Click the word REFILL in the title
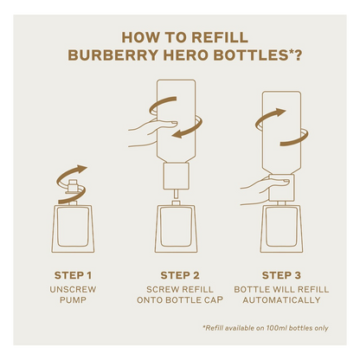pos(220,38)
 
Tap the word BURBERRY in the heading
pos(113,55)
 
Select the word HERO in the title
pos(186,55)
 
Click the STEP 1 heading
pos(73,275)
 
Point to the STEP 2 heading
pos(180,275)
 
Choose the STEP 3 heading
pos(281,275)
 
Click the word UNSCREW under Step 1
pos(73,289)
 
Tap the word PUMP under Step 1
pos(73,300)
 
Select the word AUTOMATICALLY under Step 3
pos(281,300)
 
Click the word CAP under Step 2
pos(214,300)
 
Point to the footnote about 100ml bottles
pos(266,328)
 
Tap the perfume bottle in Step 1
pos(73,227)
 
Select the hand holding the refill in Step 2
pos(152,133)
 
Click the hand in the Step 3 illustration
pos(265,191)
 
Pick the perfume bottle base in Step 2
pos(177,228)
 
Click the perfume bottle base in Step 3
pos(282,228)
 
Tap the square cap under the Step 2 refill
pos(177,177)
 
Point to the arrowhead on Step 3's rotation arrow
pos(280,112)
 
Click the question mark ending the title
pos(298,55)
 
